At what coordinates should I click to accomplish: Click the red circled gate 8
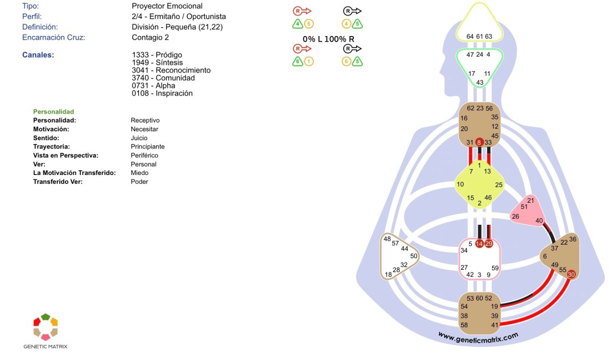(479, 142)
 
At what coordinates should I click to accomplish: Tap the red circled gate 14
(479, 244)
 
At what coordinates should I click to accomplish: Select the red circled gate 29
(488, 244)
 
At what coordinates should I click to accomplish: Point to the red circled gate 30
(571, 274)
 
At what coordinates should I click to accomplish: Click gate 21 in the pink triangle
(530, 200)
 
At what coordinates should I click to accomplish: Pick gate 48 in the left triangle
(387, 239)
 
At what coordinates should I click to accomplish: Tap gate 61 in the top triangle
(479, 37)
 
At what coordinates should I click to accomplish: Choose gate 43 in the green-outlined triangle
(479, 83)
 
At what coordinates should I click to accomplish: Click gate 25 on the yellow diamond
(499, 184)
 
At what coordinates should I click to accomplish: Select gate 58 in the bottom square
(464, 325)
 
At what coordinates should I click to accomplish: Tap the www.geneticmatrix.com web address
(478, 336)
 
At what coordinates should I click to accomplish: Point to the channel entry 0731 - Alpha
(153, 86)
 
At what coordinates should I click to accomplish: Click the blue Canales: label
(38, 55)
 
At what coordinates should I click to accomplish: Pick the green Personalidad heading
(53, 111)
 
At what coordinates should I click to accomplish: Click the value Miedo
(140, 173)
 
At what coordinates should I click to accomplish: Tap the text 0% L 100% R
(328, 39)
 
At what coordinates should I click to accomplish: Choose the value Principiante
(147, 147)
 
